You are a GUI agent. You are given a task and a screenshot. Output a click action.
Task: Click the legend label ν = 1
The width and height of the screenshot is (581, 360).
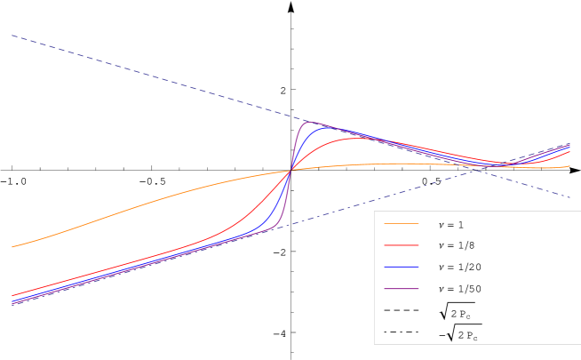tap(450, 225)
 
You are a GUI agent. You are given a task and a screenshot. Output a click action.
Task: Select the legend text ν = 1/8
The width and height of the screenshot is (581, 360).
tap(457, 245)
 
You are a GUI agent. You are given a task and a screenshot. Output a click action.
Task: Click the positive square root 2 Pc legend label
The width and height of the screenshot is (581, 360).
tap(456, 312)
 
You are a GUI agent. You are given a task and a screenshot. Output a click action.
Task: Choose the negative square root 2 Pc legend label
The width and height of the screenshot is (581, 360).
tap(458, 333)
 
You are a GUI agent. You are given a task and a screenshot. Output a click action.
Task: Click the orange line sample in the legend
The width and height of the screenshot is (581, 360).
tap(401, 224)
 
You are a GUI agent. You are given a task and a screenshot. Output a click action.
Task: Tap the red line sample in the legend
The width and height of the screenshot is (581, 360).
tap(401, 245)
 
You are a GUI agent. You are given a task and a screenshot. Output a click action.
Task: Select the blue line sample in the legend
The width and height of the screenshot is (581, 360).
tap(401, 267)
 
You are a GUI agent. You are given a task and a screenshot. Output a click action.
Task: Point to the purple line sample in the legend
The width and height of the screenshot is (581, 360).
tap(401, 288)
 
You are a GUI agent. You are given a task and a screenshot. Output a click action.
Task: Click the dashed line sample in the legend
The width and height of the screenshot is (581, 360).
tap(401, 310)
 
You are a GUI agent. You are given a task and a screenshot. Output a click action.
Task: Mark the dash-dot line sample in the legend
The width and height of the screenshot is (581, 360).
tap(401, 332)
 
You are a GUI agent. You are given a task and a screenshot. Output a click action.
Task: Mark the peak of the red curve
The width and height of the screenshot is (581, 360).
tap(354, 138)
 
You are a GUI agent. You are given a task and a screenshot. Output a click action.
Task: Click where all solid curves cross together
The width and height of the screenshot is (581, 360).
tap(290, 169)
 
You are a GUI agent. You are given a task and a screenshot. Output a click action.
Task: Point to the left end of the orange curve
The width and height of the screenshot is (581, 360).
tap(12, 247)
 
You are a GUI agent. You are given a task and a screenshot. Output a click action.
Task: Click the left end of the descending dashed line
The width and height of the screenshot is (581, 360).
tap(12, 36)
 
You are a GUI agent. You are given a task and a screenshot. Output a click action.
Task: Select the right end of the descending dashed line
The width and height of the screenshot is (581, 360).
tap(569, 197)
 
